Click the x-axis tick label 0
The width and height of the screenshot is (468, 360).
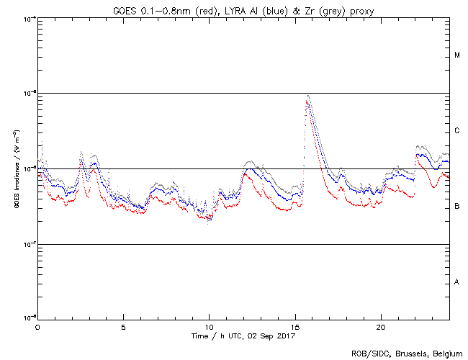click(37, 326)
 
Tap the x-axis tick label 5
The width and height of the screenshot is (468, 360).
click(123, 326)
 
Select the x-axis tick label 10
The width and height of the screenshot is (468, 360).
click(209, 326)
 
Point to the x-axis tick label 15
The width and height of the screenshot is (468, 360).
click(294, 326)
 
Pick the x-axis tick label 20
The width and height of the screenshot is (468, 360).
click(380, 326)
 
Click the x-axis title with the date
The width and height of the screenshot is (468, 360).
click(244, 336)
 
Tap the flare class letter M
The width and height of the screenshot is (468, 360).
click(457, 55)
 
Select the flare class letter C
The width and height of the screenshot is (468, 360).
click(457, 131)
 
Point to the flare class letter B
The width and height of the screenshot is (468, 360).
click(457, 207)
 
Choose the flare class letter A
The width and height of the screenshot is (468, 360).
click(457, 282)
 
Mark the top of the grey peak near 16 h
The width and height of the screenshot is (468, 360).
click(308, 95)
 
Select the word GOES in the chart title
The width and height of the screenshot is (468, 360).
click(126, 9)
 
